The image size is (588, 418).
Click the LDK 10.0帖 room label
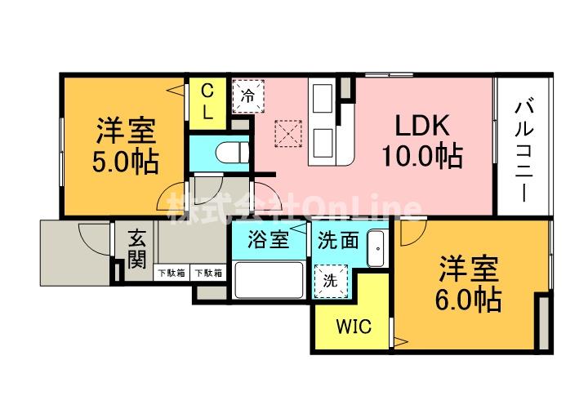coord(422,140)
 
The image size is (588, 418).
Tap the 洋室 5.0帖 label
coord(126,146)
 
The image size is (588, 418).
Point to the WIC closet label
coord(354,327)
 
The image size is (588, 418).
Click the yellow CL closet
coord(207,103)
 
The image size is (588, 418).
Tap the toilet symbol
coord(233,153)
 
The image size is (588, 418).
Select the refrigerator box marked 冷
coord(248,96)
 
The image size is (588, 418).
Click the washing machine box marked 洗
coord(331,281)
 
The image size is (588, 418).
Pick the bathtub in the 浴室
coord(269,280)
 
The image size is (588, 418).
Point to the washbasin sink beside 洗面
coord(376,248)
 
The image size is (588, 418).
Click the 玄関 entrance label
coord(137,249)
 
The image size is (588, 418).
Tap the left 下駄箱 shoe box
coord(171,273)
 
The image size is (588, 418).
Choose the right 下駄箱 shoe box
coord(208,273)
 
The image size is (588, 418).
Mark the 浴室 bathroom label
coord(269,240)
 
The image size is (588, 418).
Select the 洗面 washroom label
coord(338,240)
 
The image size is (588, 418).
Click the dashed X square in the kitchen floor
coord(288,133)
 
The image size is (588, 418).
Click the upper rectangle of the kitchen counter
coord(323,98)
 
